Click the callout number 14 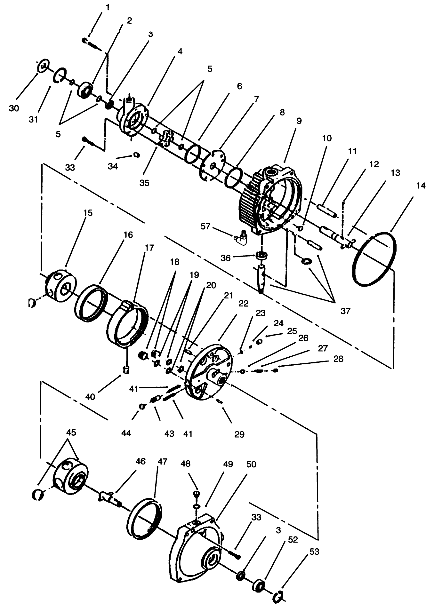point(421,186)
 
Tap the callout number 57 point(205,226)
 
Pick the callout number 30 point(14,108)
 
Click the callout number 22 point(243,303)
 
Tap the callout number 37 point(345,311)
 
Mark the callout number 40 point(91,397)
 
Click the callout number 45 point(71,432)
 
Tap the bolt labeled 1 point(91,43)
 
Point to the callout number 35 point(144,183)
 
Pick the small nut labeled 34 point(136,155)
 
